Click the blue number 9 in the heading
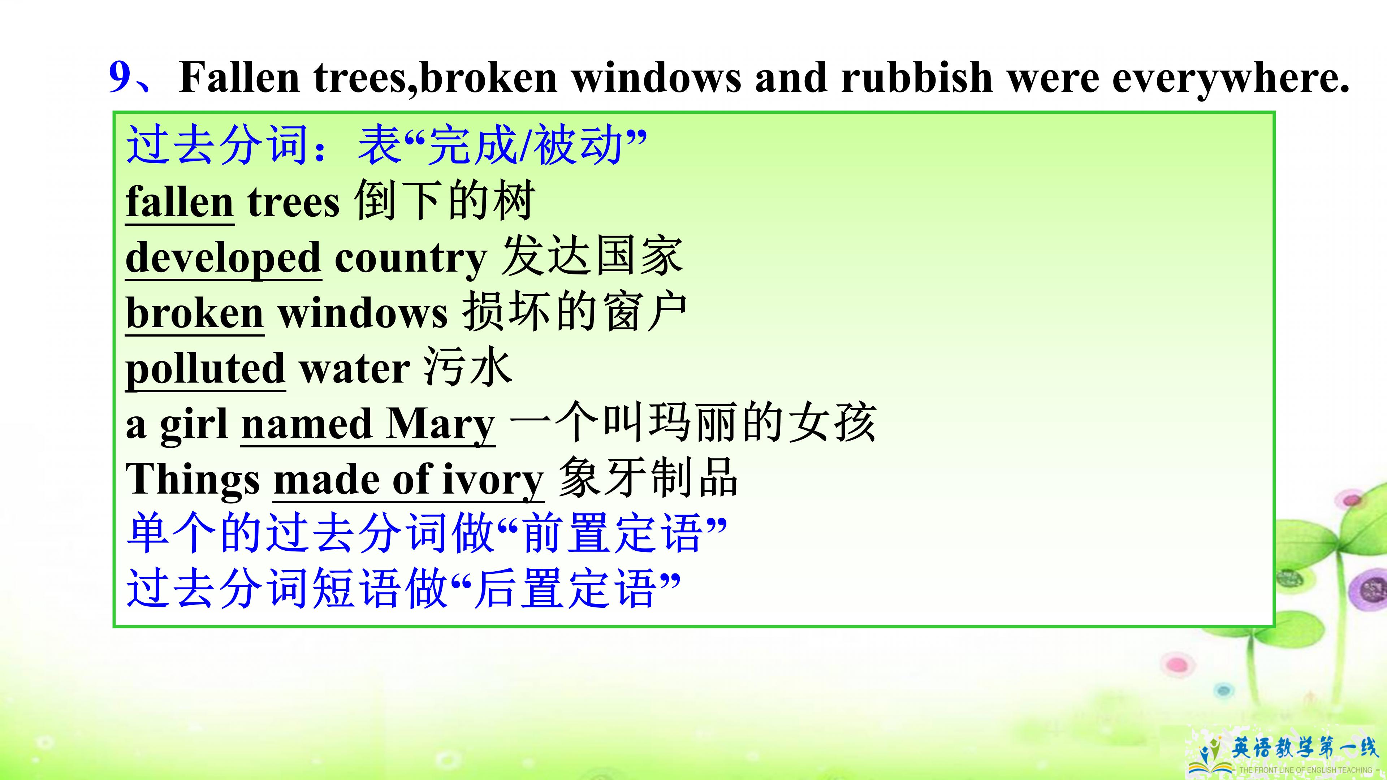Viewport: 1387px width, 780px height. tap(120, 77)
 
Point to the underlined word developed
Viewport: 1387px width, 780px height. tap(224, 259)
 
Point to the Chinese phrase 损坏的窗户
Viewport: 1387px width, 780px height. tap(575, 312)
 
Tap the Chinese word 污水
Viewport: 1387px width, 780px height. tap(467, 368)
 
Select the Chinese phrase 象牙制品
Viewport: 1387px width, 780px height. tap(648, 478)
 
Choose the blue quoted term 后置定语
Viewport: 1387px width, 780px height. tap(565, 589)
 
